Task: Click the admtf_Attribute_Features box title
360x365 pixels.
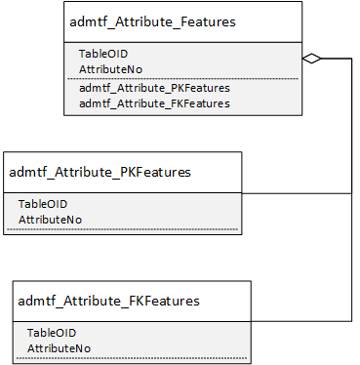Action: click(x=152, y=22)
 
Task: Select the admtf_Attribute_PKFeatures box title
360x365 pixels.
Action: click(x=100, y=172)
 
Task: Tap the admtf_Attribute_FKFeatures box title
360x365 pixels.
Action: click(x=108, y=301)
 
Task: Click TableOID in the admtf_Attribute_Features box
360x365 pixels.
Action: click(x=103, y=54)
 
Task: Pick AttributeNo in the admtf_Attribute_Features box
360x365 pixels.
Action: click(x=110, y=69)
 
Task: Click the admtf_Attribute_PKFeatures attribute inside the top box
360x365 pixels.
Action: click(x=154, y=88)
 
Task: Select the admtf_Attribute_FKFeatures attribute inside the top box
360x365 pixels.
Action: click(x=154, y=103)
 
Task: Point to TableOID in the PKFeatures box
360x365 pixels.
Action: click(x=43, y=204)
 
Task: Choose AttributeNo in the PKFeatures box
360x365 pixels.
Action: click(x=50, y=220)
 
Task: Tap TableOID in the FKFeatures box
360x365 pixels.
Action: click(x=52, y=333)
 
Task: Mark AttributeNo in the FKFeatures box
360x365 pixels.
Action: click(x=59, y=348)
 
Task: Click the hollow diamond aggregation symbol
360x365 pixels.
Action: click(x=311, y=59)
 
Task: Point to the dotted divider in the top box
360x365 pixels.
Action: click(x=182, y=78)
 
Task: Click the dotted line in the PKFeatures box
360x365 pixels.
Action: click(x=122, y=229)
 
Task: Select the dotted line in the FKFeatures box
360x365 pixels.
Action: click(x=132, y=358)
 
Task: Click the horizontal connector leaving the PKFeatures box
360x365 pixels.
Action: click(x=297, y=193)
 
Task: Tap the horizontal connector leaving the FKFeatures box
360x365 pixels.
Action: click(x=301, y=321)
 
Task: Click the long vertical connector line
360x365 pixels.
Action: click(x=351, y=189)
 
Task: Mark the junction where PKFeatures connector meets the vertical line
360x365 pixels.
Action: click(x=351, y=193)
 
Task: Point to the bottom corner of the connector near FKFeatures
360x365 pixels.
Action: click(x=351, y=321)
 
